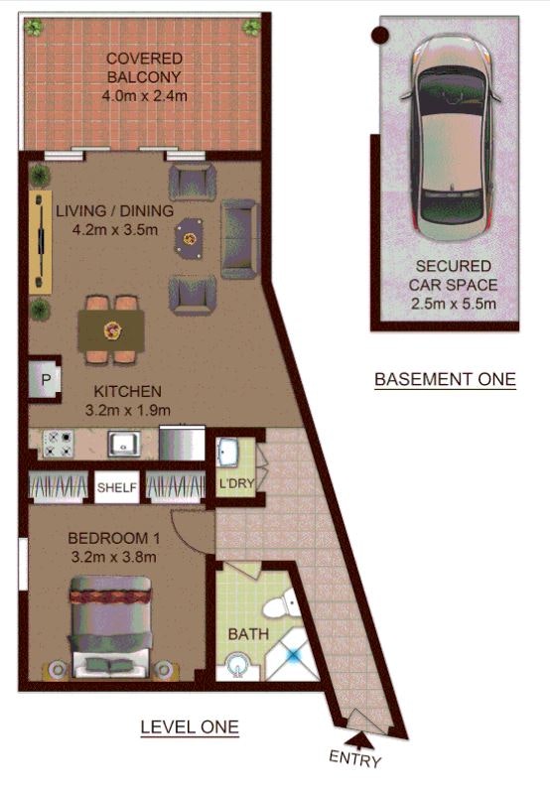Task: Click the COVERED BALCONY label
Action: click(x=144, y=67)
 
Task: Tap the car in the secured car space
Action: click(x=451, y=139)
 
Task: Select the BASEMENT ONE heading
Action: click(x=445, y=379)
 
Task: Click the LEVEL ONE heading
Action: click(x=190, y=727)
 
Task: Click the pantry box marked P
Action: click(x=45, y=379)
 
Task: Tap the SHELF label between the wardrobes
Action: click(x=117, y=486)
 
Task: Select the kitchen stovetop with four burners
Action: click(x=58, y=444)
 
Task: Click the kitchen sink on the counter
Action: click(x=124, y=444)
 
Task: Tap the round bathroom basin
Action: click(x=238, y=666)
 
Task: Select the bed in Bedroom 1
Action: click(x=110, y=626)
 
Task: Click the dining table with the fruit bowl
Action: click(x=111, y=329)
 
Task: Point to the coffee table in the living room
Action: click(x=189, y=238)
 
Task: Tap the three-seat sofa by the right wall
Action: click(x=239, y=238)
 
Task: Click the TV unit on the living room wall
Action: click(x=40, y=241)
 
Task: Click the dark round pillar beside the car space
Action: click(x=379, y=35)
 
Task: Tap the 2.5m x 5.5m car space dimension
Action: click(x=454, y=304)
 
